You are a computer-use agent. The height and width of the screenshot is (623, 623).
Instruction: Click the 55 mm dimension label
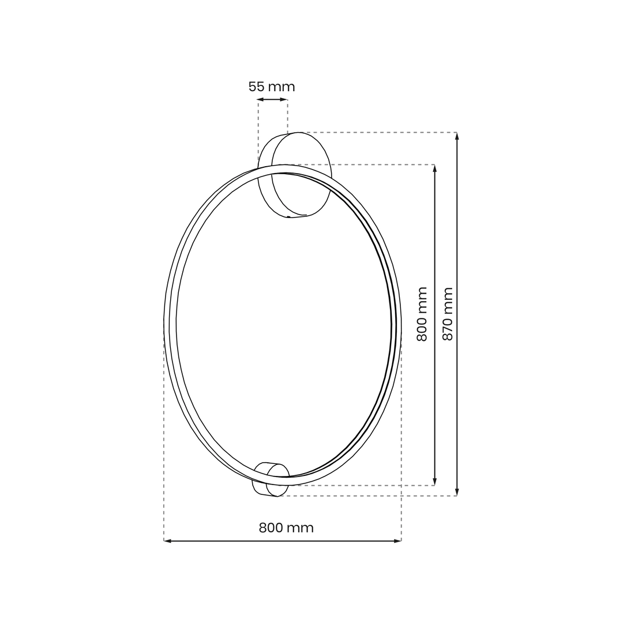[272, 87]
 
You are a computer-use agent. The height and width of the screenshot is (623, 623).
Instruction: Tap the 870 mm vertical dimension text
[448, 314]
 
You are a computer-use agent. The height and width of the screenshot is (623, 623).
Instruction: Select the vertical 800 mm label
[422, 314]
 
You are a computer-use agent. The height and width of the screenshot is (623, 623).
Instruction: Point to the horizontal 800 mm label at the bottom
[286, 528]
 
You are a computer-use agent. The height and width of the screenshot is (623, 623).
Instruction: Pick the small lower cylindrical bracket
[271, 479]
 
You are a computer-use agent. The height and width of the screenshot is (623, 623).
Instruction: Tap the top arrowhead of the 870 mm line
[457, 136]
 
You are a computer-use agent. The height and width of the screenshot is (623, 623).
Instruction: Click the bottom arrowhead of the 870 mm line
[457, 492]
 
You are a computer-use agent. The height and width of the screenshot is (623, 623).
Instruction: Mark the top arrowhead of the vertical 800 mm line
[435, 168]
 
